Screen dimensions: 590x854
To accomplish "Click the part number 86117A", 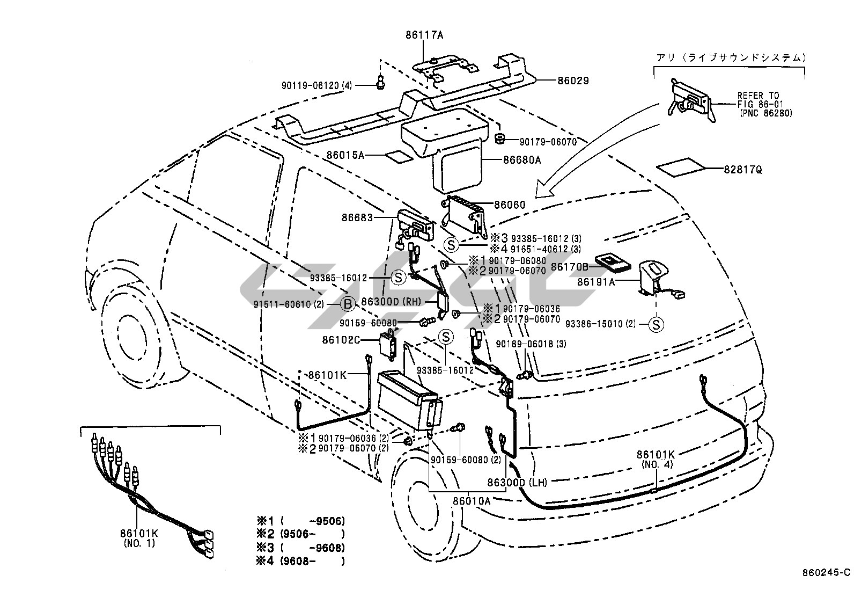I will (424, 36).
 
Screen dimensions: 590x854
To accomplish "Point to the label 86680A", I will (522, 159).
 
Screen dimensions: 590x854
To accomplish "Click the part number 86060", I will (510, 205).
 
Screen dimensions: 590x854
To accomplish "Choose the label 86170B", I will (570, 266).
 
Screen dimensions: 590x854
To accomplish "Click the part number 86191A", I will (596, 281).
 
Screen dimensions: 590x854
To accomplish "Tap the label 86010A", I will (472, 500).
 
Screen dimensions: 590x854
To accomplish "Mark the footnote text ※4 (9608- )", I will (300, 562).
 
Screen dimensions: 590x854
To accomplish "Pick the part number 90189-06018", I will (523, 344).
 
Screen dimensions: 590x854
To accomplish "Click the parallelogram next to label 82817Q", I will (681, 167).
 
